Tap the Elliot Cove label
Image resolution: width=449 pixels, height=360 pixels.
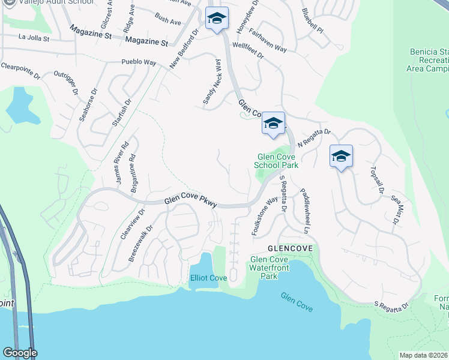208,278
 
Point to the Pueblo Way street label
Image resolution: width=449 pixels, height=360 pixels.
139,62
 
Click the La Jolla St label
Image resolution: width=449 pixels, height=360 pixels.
37,37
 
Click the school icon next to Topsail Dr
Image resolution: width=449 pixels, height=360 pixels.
341,157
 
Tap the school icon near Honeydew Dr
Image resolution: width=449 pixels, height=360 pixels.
216,19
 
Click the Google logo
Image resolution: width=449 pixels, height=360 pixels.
19,353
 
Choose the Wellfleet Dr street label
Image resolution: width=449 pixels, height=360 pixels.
248,50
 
